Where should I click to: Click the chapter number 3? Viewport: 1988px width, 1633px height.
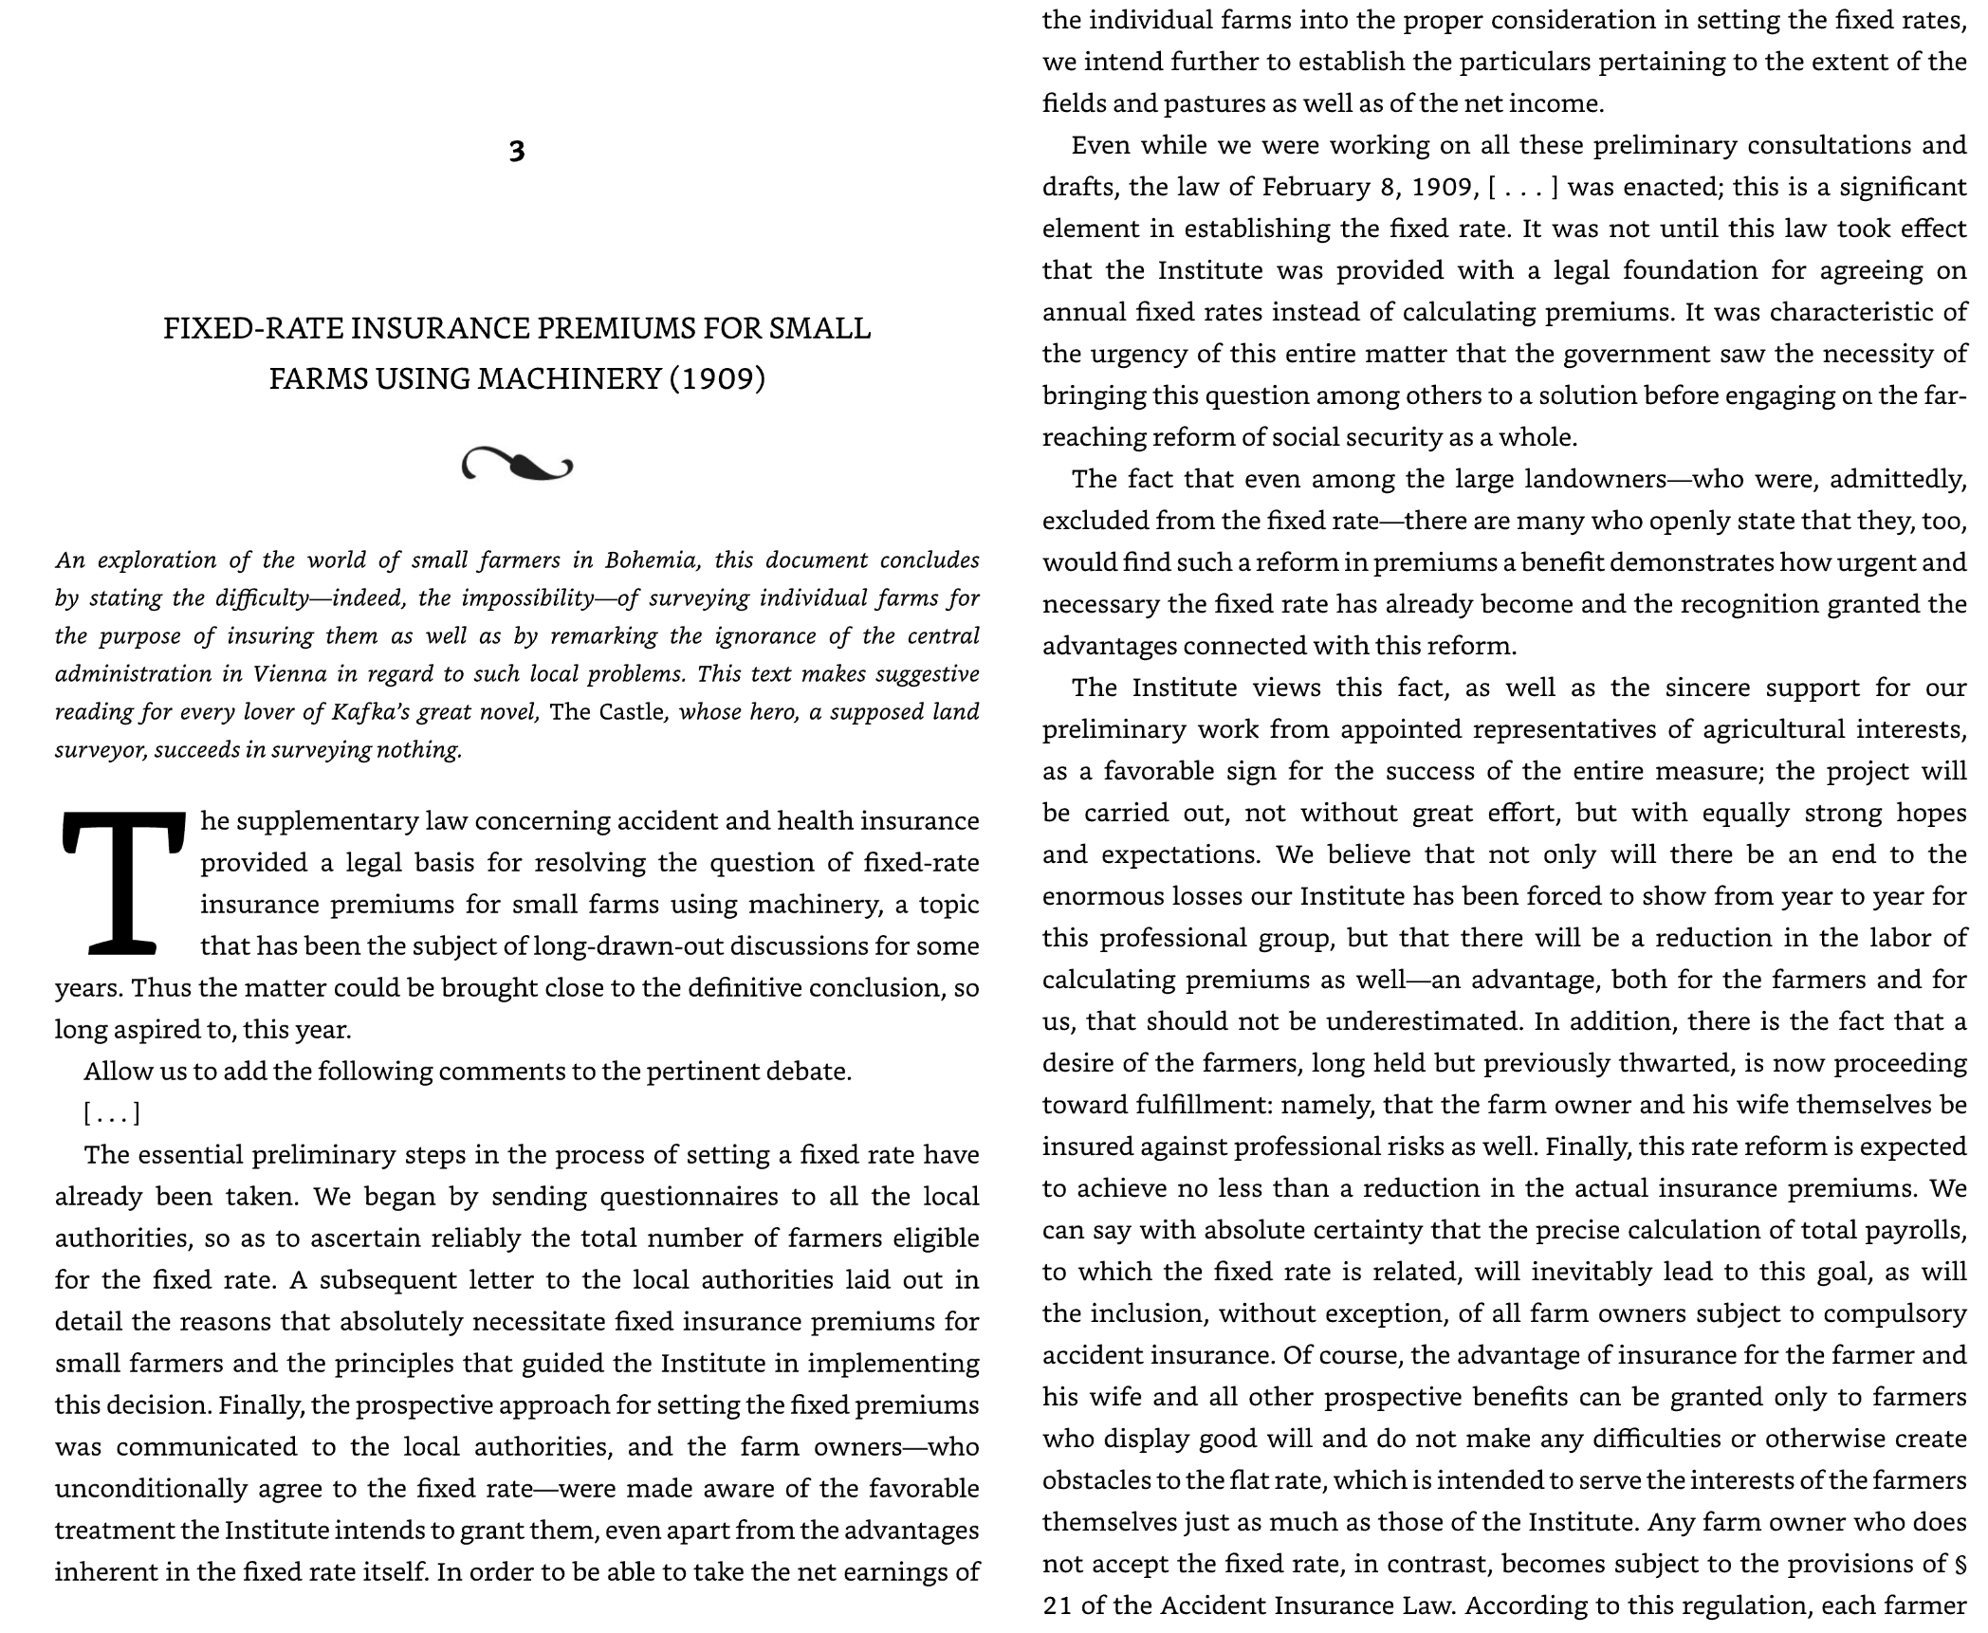coord(516,152)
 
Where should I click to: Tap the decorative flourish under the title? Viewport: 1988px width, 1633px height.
coord(517,465)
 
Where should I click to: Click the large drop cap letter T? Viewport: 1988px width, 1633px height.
coord(122,882)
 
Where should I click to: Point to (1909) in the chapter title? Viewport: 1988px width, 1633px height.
coord(717,378)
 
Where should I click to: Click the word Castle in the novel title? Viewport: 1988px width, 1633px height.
coord(634,711)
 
